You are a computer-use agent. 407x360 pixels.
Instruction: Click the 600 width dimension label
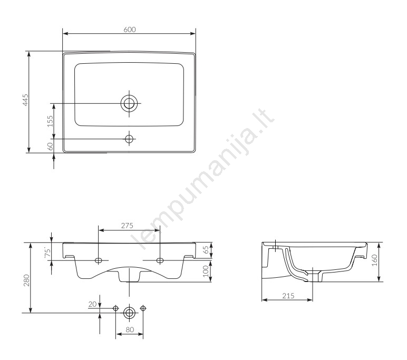130,30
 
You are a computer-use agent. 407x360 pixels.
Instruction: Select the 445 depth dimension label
25,100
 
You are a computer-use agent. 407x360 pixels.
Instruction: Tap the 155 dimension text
50,121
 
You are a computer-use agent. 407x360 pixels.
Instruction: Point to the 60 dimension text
50,147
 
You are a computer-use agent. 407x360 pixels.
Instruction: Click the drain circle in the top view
129,103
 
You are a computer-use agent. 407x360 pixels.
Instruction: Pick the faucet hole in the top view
129,139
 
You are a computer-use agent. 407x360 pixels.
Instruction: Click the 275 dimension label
127,226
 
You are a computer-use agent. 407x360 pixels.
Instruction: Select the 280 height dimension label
26,280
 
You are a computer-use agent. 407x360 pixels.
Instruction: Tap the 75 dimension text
47,253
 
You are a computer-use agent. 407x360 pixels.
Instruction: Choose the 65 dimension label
206,250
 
